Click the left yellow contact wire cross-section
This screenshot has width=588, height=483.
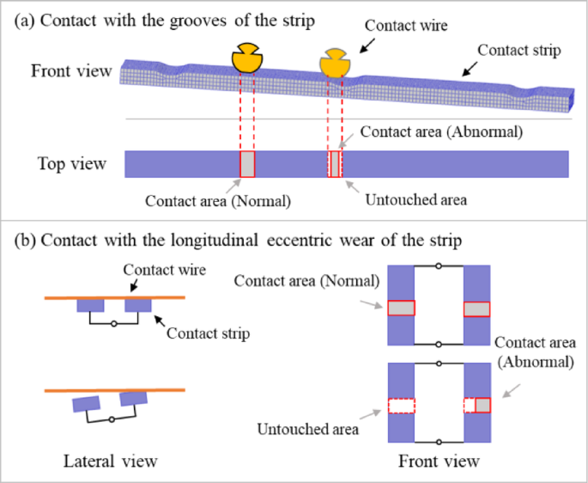248,58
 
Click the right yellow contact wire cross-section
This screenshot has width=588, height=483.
334,62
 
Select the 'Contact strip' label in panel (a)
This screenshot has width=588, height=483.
518,51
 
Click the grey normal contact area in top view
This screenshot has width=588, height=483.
247,164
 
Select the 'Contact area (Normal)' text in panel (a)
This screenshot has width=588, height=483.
218,202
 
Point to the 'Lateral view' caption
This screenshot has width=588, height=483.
111,462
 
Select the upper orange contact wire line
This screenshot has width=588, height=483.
112,297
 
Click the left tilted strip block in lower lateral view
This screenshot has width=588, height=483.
88,404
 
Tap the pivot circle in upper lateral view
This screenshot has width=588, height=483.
113,324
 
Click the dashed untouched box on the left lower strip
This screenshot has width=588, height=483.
401,406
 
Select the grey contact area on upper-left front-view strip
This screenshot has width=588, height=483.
401,309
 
